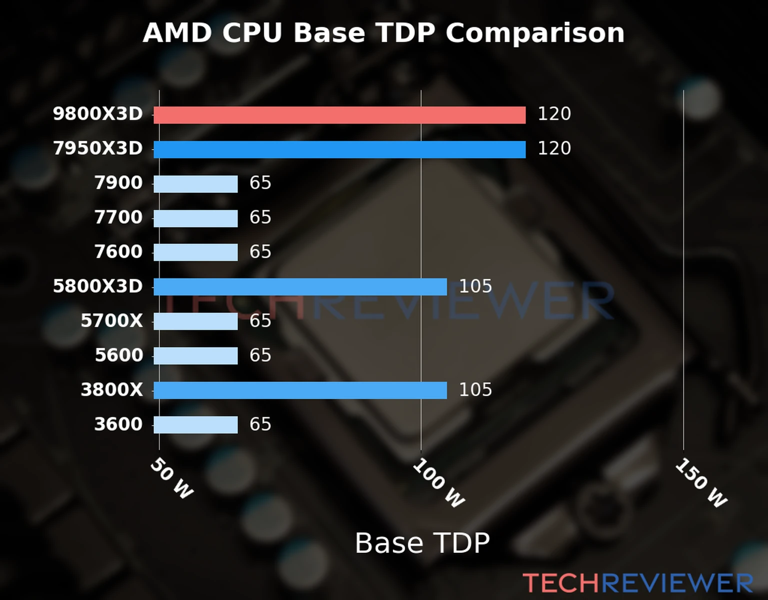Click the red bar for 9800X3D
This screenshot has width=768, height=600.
[339, 115]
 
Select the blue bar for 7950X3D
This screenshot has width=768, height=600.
[339, 149]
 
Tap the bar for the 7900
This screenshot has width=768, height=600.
[195, 184]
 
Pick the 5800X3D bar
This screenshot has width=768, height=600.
[300, 287]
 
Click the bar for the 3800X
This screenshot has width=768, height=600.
[300, 390]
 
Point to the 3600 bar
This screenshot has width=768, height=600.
[195, 425]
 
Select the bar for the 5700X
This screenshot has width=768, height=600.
[195, 321]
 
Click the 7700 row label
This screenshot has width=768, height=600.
[118, 217]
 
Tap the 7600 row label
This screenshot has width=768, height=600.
[118, 252]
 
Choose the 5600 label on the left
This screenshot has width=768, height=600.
[119, 355]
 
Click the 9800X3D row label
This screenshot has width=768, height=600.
[98, 114]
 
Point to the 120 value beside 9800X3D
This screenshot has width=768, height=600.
[554, 114]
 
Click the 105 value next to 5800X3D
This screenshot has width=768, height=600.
[475, 286]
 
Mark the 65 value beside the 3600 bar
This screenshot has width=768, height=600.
[260, 424]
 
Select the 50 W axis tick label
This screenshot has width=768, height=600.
[171, 478]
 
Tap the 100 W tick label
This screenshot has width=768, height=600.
[438, 483]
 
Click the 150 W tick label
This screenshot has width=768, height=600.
[700, 483]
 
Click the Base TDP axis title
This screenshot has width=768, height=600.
[422, 543]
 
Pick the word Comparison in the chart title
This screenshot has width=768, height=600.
[535, 33]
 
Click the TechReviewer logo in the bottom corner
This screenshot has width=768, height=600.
[638, 583]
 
